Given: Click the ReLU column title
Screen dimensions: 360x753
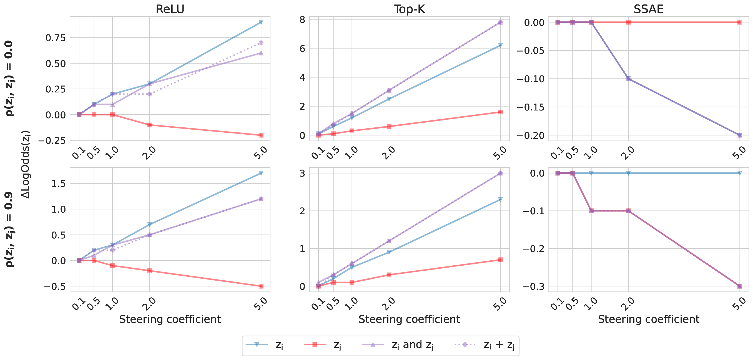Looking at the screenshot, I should click(x=170, y=9).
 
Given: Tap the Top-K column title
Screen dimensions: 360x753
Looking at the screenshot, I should click(x=409, y=9).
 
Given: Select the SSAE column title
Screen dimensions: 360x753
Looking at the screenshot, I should click(x=648, y=9).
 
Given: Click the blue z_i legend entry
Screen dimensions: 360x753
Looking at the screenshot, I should click(x=264, y=345).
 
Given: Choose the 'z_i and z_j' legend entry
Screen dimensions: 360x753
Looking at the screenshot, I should click(x=398, y=345).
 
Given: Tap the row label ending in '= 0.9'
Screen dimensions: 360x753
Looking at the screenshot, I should click(x=9, y=229).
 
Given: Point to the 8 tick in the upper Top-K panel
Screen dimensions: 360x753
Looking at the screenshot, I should click(x=302, y=20).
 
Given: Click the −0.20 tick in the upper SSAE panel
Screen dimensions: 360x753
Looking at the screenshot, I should click(x=531, y=135).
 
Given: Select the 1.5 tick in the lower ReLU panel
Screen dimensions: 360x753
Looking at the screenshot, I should click(x=58, y=183).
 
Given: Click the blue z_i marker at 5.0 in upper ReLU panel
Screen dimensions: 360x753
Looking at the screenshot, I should click(x=261, y=22).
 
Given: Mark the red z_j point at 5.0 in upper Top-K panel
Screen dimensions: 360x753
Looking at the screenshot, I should click(x=500, y=112).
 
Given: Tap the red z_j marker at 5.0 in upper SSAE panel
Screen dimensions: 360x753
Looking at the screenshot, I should click(x=740, y=22).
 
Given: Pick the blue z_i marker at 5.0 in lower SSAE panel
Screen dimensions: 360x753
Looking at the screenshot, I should click(x=740, y=173).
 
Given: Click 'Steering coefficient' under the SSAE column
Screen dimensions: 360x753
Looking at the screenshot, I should click(x=648, y=319).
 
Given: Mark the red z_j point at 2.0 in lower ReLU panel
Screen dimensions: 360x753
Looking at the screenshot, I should click(x=150, y=271).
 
